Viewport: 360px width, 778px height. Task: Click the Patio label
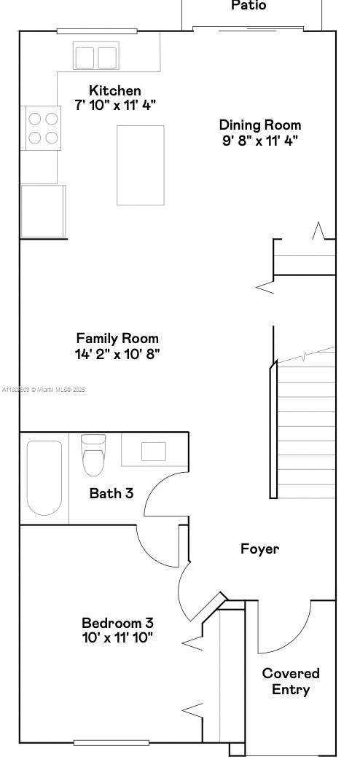pyautogui.click(x=249, y=6)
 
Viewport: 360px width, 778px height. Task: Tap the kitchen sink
pyautogui.click(x=96, y=57)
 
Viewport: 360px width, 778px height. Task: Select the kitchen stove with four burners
pyautogui.click(x=42, y=127)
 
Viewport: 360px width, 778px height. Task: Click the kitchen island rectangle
pyautogui.click(x=141, y=165)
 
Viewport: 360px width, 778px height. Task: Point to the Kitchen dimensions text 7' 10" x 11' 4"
pyautogui.click(x=115, y=105)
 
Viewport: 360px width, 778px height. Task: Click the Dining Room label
pyautogui.click(x=260, y=125)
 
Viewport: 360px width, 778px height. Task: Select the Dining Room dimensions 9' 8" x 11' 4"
pyautogui.click(x=260, y=140)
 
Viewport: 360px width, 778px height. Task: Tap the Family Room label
pyautogui.click(x=117, y=339)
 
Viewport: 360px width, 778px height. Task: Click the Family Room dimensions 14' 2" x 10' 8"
pyautogui.click(x=117, y=354)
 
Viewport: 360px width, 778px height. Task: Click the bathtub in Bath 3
pyautogui.click(x=44, y=477)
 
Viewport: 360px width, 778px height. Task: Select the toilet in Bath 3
pyautogui.click(x=94, y=455)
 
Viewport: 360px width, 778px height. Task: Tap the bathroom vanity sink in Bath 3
pyautogui.click(x=154, y=452)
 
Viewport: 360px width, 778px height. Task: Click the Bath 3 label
pyautogui.click(x=111, y=493)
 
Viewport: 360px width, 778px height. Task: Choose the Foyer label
pyautogui.click(x=260, y=549)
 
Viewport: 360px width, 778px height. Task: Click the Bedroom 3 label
pyautogui.click(x=117, y=623)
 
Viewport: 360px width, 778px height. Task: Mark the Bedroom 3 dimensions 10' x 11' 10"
pyautogui.click(x=117, y=638)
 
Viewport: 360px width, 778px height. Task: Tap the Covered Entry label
pyautogui.click(x=291, y=681)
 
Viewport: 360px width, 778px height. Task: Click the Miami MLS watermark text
pyautogui.click(x=44, y=390)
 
